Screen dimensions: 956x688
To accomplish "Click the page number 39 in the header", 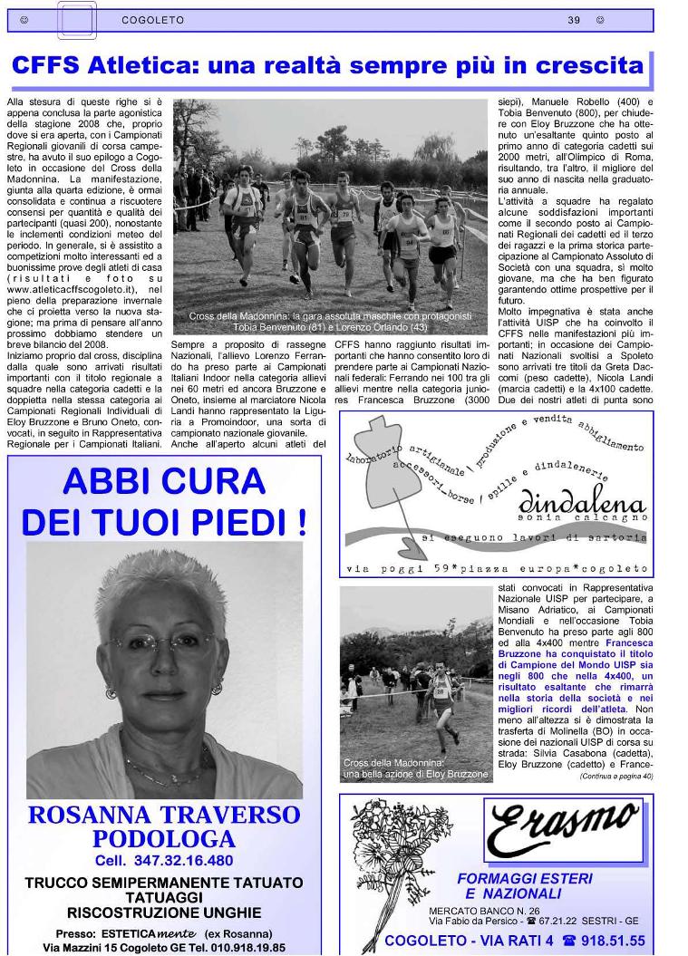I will [x=574, y=19].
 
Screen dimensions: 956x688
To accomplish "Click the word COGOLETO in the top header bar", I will [x=152, y=19].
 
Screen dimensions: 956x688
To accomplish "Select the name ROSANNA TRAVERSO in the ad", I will [x=164, y=814].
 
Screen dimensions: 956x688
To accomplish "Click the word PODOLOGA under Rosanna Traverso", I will [x=164, y=838].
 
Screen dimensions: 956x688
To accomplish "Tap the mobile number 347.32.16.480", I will [x=182, y=860].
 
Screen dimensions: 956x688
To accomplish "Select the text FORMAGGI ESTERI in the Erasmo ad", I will [x=525, y=878].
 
